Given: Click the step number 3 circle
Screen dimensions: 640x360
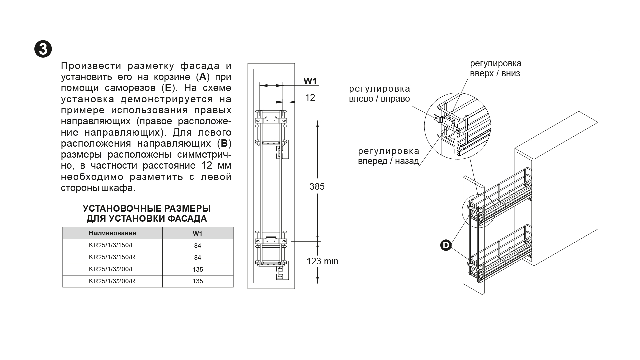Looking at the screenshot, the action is (43, 49).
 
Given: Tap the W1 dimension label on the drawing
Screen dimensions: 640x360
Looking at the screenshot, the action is (310, 81).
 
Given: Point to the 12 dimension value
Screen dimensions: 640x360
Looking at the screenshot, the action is (310, 97).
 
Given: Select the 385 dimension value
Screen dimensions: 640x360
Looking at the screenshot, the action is (317, 186).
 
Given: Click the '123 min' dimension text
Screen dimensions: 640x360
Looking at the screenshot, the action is (322, 261).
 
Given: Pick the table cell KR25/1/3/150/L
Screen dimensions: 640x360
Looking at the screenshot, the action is (113, 245).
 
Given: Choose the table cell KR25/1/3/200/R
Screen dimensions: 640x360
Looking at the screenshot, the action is (113, 281).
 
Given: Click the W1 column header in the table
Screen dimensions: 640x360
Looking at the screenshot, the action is (198, 233).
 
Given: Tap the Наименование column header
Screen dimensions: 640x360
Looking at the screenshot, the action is (113, 233).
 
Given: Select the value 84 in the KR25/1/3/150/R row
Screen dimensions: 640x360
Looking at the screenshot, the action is (198, 257).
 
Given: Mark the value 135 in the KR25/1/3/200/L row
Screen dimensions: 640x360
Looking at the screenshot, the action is (198, 269).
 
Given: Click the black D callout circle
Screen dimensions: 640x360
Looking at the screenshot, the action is (446, 245).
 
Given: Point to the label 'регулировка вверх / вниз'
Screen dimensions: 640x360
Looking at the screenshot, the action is (495, 68).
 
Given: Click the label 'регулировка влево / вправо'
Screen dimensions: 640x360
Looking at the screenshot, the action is (379, 94).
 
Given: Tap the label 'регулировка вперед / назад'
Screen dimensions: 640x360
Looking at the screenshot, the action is (388, 156).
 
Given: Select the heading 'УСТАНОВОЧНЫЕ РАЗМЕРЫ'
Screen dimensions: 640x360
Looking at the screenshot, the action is (147, 209).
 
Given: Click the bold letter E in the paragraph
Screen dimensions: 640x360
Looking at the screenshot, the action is (168, 88).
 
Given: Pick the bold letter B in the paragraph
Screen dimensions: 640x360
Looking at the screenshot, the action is (224, 144).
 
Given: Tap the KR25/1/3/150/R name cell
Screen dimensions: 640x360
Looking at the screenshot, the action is (113, 257).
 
